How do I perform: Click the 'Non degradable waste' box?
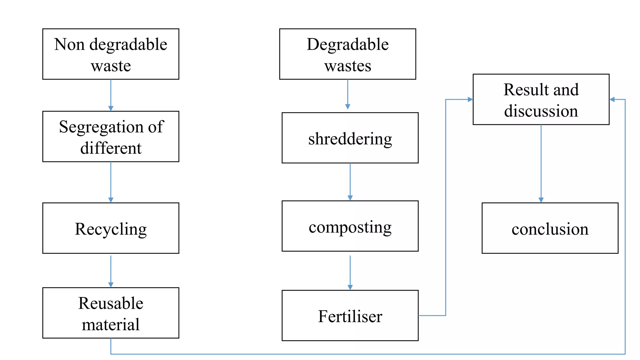(x=111, y=54)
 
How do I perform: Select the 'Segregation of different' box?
(x=111, y=137)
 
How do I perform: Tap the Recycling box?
(x=111, y=228)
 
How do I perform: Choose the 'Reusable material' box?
(x=111, y=313)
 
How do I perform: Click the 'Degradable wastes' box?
(x=347, y=54)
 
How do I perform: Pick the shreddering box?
(x=350, y=138)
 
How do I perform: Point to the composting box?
(x=350, y=226)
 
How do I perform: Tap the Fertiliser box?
(x=350, y=315)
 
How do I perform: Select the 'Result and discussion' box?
(x=541, y=99)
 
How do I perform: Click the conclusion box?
(x=550, y=228)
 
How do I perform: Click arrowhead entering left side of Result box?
(x=470, y=99)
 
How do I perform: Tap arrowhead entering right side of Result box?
(x=612, y=99)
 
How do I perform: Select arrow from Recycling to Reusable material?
(x=111, y=270)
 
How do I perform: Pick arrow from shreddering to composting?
(x=350, y=181)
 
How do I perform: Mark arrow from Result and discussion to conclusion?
(x=541, y=162)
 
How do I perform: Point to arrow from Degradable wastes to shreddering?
(x=347, y=94)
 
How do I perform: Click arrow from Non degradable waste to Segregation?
(x=111, y=95)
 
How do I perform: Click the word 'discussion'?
(x=541, y=111)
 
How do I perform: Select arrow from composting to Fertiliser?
(x=350, y=272)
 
